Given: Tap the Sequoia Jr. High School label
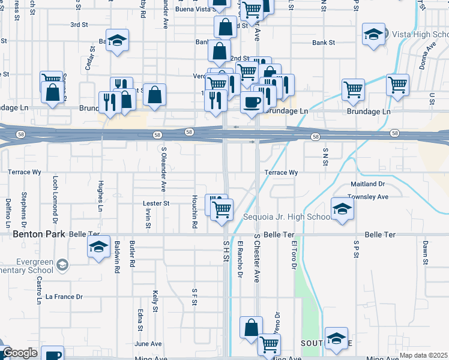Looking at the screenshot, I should pos(286,217).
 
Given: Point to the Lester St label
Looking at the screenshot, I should pos(157,203).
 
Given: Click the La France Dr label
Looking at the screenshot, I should pos(64,296).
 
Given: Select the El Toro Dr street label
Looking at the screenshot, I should pos(294,255).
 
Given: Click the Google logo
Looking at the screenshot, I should pos(20,353).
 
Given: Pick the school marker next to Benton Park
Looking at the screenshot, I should pos(98,247).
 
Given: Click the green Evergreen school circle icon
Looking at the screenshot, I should pos(62,265).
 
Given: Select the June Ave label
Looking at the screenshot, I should pos(148,344).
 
